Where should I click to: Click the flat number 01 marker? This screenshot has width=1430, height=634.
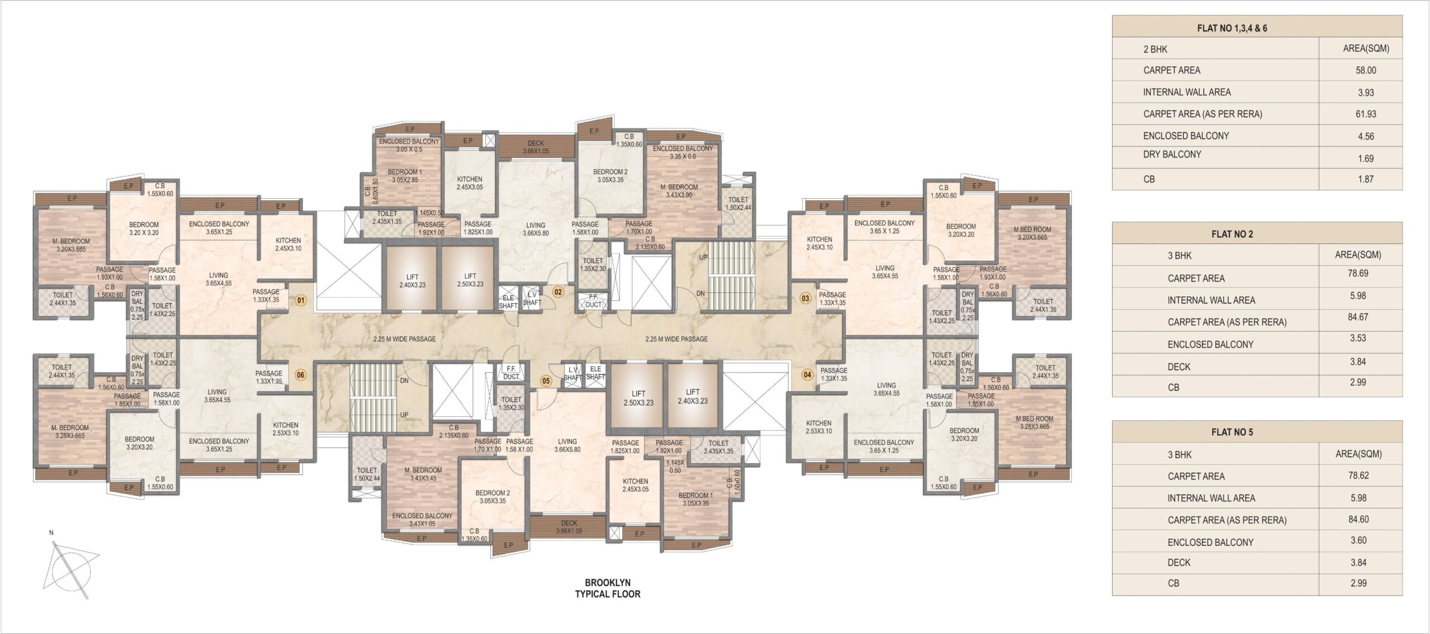[x=301, y=300]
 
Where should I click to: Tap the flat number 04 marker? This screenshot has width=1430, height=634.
[x=807, y=374]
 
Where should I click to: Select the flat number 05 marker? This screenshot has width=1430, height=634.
[x=546, y=381]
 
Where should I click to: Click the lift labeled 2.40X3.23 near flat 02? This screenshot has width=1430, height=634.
[x=412, y=280]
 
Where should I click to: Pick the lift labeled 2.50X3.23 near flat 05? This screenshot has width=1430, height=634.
[x=638, y=398]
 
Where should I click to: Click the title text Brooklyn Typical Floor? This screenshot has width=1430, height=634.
[x=608, y=588]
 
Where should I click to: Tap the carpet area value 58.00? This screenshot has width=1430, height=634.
[x=1366, y=70]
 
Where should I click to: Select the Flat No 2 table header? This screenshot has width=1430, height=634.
[x=1232, y=234]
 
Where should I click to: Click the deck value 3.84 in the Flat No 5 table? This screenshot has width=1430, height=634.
[x=1358, y=563]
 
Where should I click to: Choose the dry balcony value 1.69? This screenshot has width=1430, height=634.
[x=1366, y=158]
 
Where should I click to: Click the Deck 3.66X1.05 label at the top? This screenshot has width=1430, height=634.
[x=536, y=147]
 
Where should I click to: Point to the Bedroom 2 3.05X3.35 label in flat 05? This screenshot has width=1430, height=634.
[x=492, y=497]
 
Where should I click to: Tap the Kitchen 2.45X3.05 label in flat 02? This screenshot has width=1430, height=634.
[x=469, y=183]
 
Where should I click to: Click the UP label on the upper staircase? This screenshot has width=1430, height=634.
[x=703, y=258]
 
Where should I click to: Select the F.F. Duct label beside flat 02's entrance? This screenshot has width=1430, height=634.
[x=593, y=301]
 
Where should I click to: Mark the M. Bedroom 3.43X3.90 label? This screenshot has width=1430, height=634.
[x=681, y=191]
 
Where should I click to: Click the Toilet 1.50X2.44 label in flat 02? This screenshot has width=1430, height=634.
[x=738, y=203]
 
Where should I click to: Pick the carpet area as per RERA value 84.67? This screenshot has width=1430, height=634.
[x=1358, y=317]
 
